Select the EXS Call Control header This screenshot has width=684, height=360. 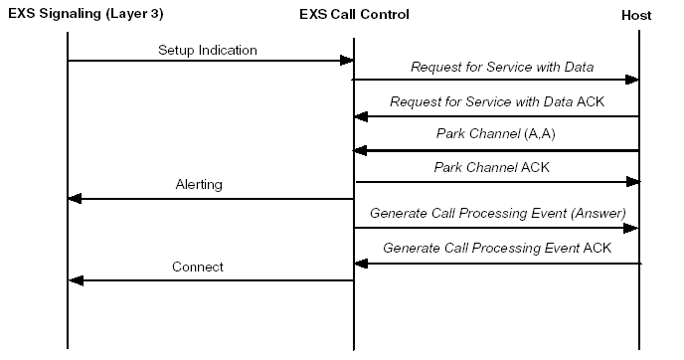(353, 15)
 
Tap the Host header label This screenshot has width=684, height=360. (636, 15)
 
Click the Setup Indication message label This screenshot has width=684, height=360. (207, 50)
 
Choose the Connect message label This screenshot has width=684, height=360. (197, 267)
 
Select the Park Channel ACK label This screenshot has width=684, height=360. (491, 167)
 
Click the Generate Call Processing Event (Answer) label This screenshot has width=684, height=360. (497, 213)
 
